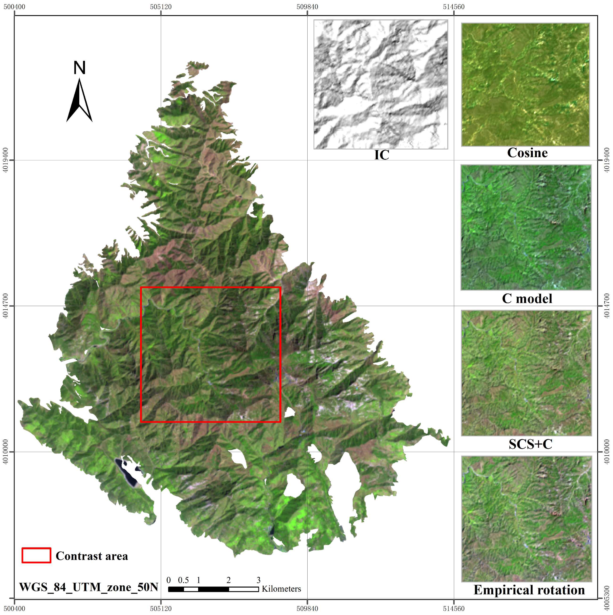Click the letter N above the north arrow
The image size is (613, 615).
pos(79,67)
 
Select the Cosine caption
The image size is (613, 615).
pos(527,153)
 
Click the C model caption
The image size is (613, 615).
pos(527,298)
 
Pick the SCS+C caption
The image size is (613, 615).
pos(530,444)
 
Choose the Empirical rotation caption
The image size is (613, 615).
pos(529,590)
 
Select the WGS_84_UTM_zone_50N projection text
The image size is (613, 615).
pos(89,587)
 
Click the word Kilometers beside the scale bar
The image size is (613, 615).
pos(281,589)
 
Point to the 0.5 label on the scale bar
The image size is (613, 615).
pos(183,580)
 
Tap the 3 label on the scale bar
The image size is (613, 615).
pos(258,580)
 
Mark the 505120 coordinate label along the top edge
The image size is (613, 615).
pos(161,7)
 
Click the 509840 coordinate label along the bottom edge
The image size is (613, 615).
pos(307,608)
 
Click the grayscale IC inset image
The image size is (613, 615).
pos(380,84)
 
